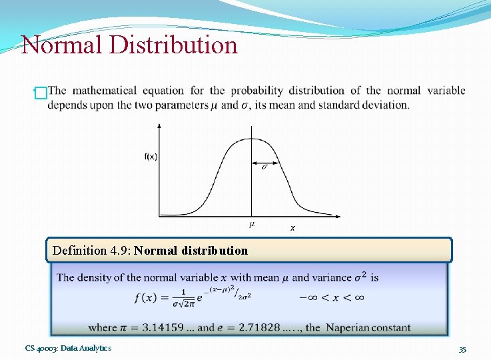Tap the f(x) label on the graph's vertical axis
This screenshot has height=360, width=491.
pyautogui.click(x=151, y=157)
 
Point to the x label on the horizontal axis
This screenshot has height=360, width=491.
pyautogui.click(x=292, y=228)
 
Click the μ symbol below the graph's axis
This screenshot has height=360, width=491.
pyautogui.click(x=252, y=224)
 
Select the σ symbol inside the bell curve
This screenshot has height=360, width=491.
pyautogui.click(x=264, y=166)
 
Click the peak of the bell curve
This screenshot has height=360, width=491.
pyautogui.click(x=251, y=138)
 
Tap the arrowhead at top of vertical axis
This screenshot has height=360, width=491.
pyautogui.click(x=159, y=125)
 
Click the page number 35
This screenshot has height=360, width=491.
pyautogui.click(x=462, y=349)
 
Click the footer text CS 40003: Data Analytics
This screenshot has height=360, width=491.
pyautogui.click(x=68, y=348)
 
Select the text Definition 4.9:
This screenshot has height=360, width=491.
pyautogui.click(x=92, y=251)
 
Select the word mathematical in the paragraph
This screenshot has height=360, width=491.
pyautogui.click(x=103, y=91)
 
